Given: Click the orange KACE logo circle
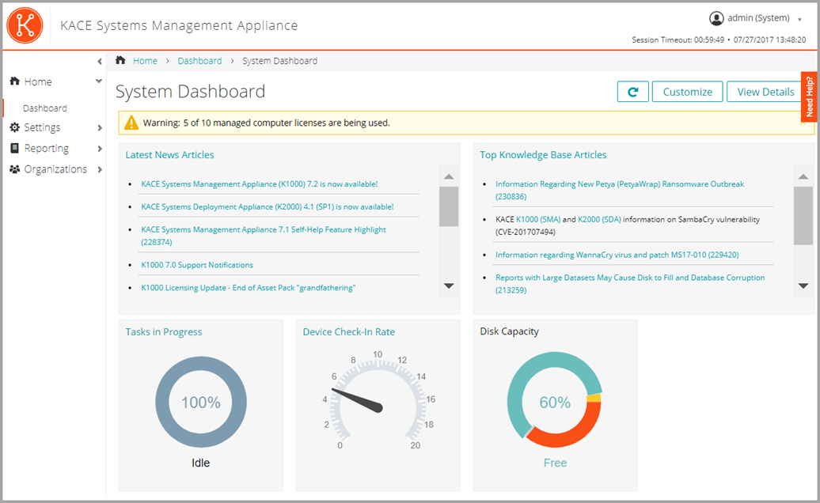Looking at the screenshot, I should point(24,25).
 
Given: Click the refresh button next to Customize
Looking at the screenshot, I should point(632,92).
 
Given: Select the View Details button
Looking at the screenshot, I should point(765,92).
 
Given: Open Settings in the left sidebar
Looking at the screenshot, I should point(42,127).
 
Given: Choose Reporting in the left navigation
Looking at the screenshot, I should point(46,148).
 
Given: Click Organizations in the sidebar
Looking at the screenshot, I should point(55,169).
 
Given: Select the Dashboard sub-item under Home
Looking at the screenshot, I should point(45,108).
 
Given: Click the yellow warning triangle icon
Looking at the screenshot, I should point(131,123).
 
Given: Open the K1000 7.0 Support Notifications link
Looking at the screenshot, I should point(197,265).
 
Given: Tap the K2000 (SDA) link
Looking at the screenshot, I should point(599,219).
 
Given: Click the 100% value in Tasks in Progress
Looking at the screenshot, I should point(201,403).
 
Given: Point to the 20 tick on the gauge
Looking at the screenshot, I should point(415,445).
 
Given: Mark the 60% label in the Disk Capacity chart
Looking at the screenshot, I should point(555,403).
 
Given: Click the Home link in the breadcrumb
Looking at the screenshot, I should point(145,61).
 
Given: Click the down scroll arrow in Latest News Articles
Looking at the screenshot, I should point(448,286).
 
